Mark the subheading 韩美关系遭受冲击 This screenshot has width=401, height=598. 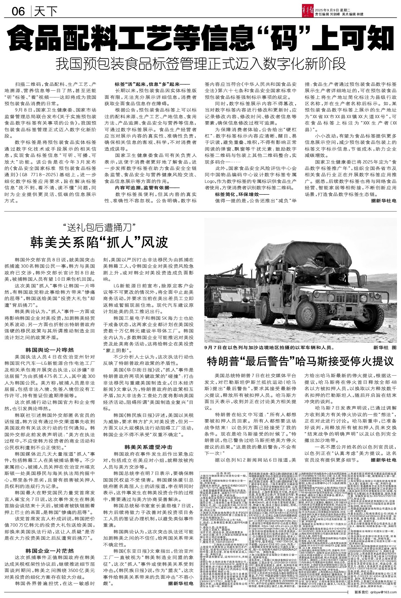tap(148, 446)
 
